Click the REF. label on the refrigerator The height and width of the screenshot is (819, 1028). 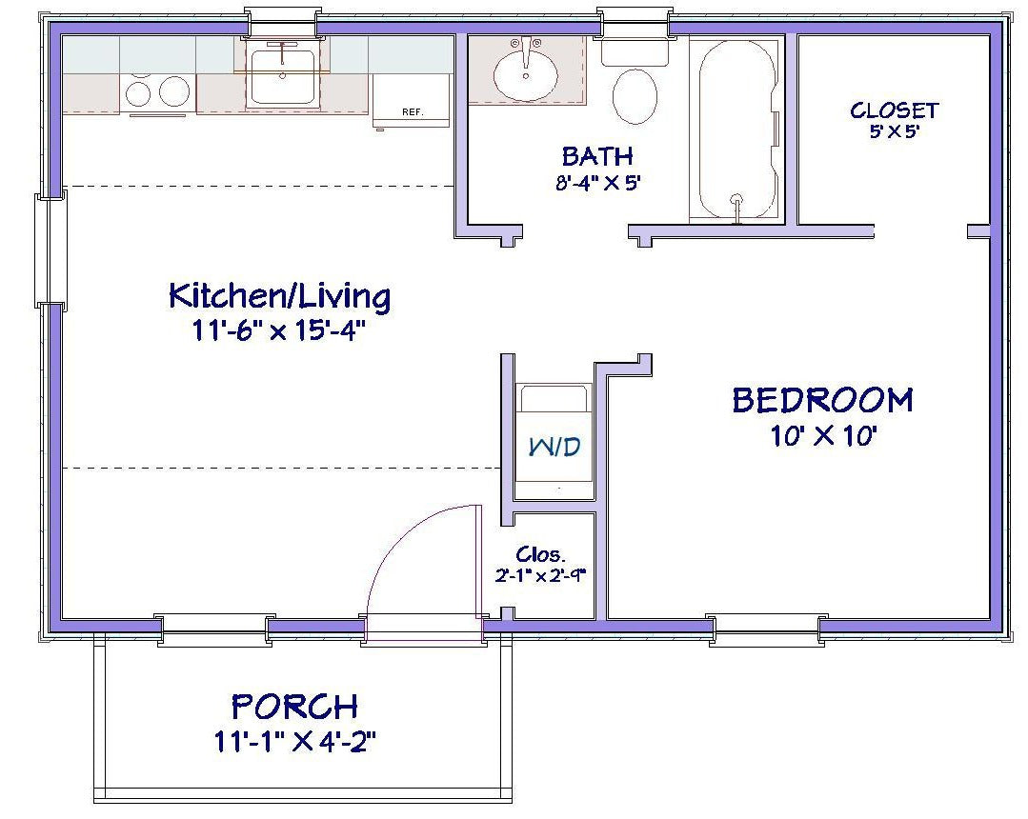click(412, 111)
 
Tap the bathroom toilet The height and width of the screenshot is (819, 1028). click(635, 96)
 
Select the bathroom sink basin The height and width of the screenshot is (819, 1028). click(526, 70)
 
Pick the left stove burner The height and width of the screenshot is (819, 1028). click(139, 92)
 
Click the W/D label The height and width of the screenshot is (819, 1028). click(554, 446)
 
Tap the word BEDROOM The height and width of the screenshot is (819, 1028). click(822, 400)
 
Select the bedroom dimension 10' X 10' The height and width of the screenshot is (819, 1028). click(822, 436)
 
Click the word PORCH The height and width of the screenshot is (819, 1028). click(295, 707)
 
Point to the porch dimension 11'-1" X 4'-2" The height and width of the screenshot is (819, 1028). click(295, 741)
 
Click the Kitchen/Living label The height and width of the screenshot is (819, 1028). click(279, 296)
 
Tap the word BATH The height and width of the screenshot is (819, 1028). click(596, 155)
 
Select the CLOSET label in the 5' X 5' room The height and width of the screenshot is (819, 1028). click(894, 110)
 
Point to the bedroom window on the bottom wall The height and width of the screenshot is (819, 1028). click(766, 628)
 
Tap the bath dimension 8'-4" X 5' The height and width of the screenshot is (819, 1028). click(596, 182)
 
